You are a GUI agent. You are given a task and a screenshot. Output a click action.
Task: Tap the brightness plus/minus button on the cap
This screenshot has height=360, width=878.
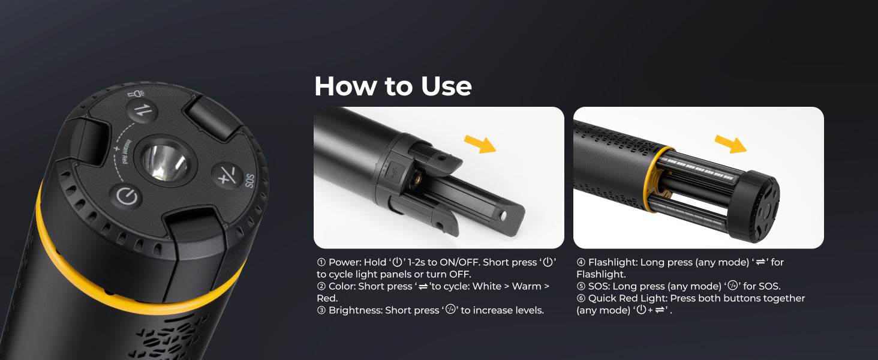[227, 175]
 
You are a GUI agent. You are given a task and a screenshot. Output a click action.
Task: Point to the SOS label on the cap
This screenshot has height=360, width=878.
[249, 181]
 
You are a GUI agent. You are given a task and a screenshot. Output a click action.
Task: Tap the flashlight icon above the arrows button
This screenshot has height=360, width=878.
[136, 94]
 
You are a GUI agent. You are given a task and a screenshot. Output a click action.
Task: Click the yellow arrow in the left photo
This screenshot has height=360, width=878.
[480, 144]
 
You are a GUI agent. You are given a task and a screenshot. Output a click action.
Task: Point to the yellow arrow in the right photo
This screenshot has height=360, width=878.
[730, 144]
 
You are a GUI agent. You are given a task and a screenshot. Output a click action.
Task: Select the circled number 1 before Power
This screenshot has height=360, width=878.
[321, 262]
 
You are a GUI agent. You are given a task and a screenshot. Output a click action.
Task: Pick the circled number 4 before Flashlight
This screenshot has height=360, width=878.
[581, 262]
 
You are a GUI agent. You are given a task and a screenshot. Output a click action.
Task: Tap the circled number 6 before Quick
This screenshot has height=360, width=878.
[581, 298]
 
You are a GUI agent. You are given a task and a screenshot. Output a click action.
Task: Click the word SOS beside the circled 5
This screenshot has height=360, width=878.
[599, 286]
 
